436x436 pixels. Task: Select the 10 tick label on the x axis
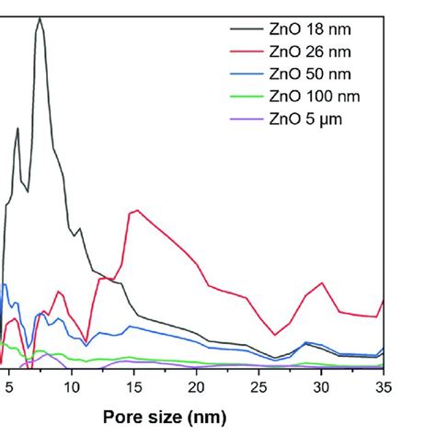(x=72, y=388)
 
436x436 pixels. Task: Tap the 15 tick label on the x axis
(x=134, y=388)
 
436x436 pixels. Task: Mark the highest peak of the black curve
(x=40, y=17)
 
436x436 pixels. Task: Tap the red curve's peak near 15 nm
(x=136, y=211)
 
